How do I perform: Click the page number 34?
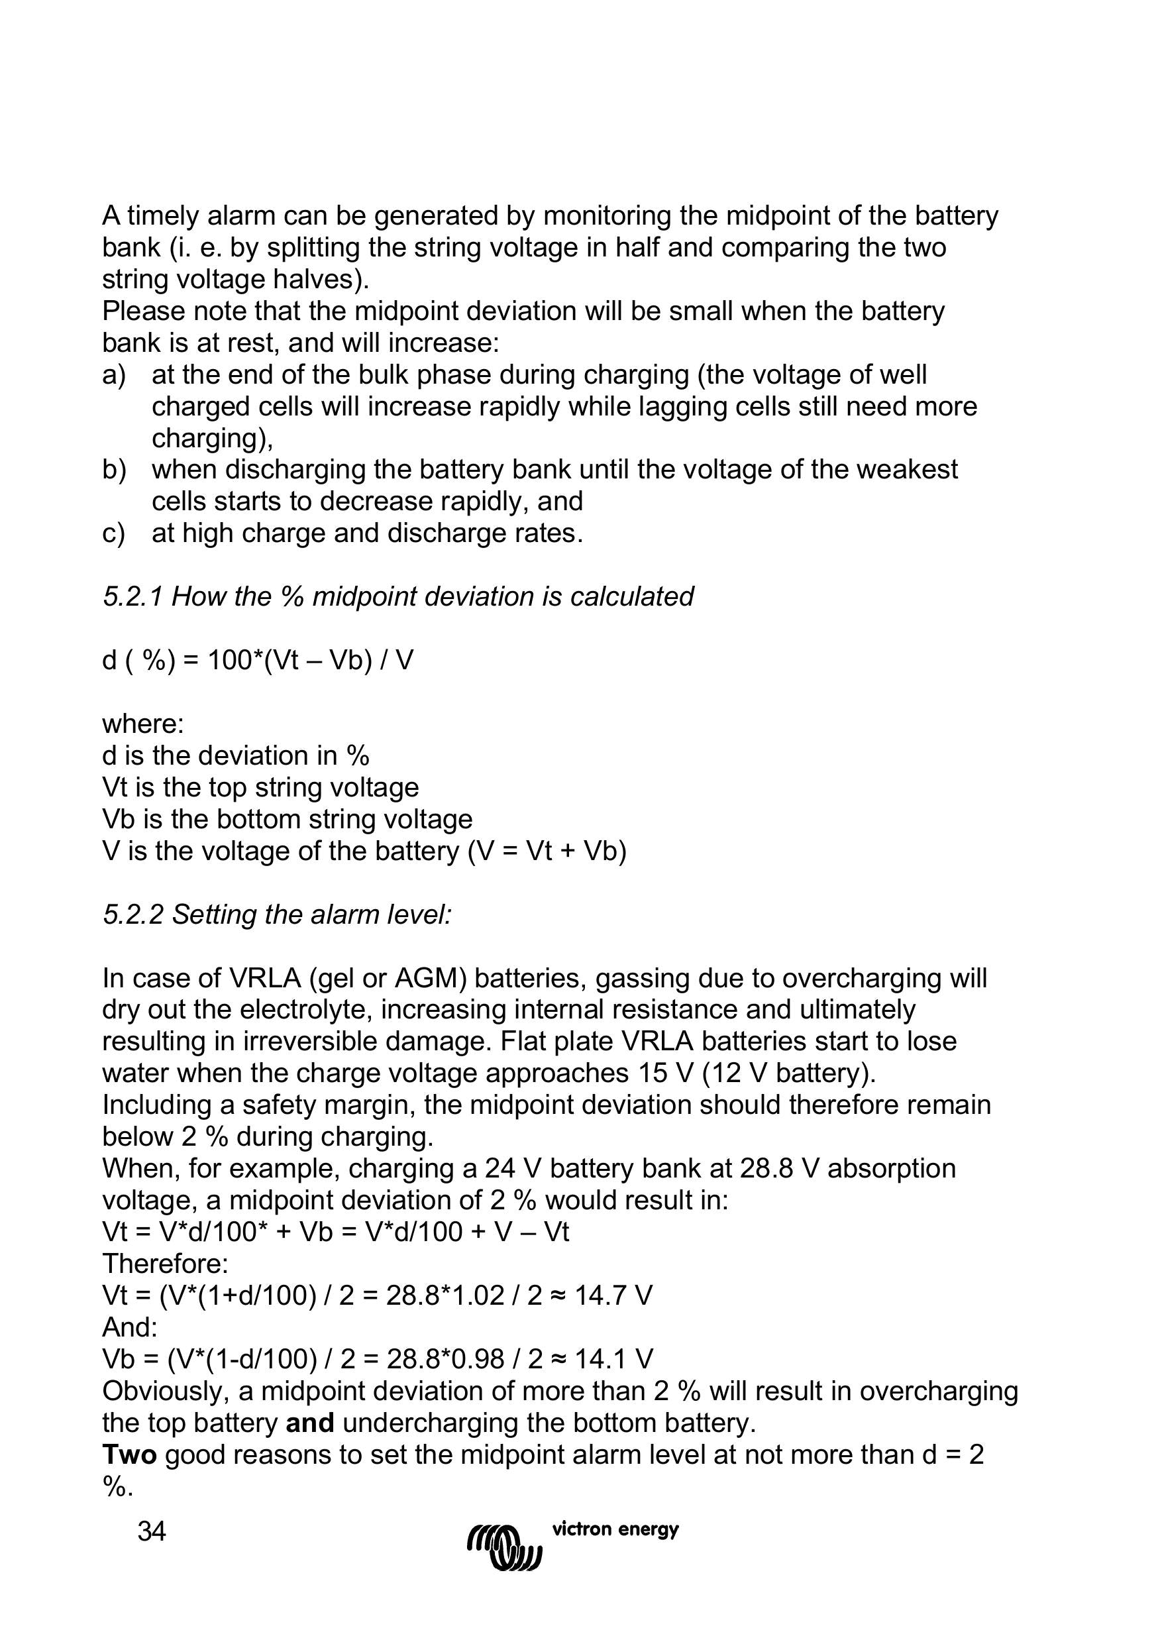point(152,1531)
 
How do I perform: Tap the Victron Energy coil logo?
point(505,1545)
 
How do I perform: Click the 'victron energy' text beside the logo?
point(615,1529)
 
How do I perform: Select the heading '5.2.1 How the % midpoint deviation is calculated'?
point(398,596)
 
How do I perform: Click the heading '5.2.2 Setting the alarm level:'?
point(277,914)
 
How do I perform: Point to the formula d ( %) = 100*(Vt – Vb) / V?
point(258,660)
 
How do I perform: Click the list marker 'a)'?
point(114,374)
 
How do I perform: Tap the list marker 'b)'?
point(114,470)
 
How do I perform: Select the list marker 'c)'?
point(114,533)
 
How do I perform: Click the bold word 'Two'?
point(130,1454)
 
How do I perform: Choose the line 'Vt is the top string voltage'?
point(260,788)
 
